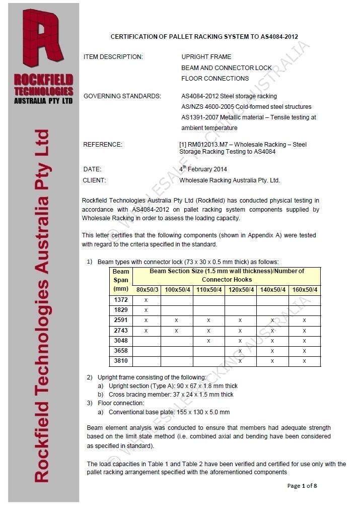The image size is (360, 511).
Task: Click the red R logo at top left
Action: point(43,40)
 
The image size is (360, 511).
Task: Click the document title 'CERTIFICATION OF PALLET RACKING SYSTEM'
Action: point(204,37)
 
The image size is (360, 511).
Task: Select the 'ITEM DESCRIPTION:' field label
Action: point(113,57)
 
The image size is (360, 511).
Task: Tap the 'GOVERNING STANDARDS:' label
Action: point(122,96)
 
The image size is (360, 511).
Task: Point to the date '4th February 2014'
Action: point(204,169)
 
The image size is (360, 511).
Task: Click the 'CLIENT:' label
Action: point(94,180)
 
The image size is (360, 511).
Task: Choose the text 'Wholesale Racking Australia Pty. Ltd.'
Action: point(230,180)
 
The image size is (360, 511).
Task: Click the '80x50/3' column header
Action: point(146,290)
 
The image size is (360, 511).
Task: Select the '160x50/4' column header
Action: point(305,290)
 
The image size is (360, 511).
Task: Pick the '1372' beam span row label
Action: point(121,300)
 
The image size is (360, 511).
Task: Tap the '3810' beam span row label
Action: point(121,361)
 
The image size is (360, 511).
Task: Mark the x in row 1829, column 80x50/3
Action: point(146,310)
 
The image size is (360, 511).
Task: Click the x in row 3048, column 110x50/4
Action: point(208,341)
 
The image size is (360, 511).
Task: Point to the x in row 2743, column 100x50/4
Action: point(177,331)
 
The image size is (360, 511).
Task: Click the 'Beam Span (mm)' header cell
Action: point(121,280)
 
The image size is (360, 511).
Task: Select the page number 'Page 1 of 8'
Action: point(302,486)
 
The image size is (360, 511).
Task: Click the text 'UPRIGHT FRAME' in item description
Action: point(206,57)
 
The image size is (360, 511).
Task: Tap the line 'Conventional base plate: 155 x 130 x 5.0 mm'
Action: point(169,412)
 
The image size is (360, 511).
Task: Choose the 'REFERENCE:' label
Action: point(103,145)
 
